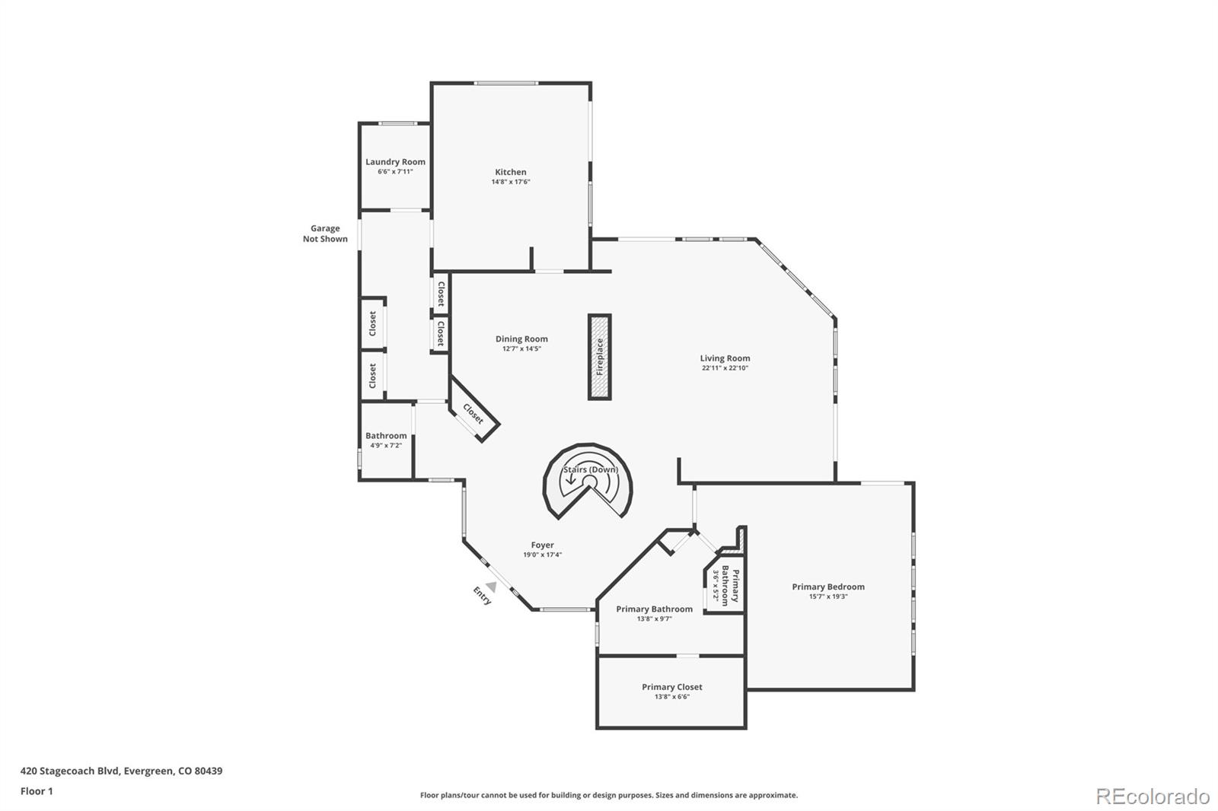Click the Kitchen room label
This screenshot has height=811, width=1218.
511,172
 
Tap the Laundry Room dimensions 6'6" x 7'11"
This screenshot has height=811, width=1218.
395,172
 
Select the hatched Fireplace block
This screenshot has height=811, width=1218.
599,357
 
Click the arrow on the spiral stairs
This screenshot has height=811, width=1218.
571,479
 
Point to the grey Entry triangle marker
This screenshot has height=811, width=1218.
492,587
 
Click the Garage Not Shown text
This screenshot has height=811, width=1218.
325,234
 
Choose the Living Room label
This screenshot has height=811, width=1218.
725,358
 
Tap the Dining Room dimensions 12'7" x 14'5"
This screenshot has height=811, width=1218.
521,349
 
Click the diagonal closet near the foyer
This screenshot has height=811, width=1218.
473,414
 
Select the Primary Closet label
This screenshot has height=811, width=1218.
671,687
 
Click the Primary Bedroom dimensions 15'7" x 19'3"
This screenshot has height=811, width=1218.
827,596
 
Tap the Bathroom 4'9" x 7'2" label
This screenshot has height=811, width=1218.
386,436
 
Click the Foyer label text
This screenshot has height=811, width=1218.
542,545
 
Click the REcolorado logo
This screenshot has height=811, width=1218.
1153,797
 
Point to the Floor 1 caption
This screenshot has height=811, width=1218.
37,791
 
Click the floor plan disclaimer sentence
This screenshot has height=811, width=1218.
609,795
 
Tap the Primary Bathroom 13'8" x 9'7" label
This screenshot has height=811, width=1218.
654,609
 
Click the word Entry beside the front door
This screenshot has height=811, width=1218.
482,596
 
